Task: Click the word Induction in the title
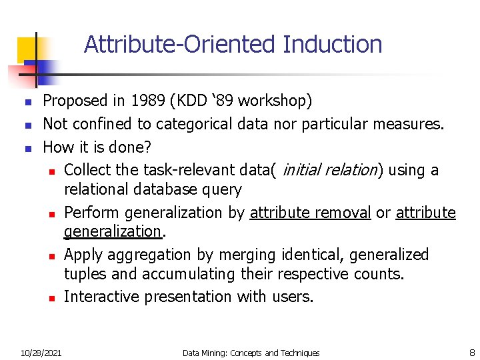coord(332,45)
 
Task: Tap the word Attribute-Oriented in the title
coord(180,45)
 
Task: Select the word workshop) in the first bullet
coord(275,101)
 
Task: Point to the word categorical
coord(177,124)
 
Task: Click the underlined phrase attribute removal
coord(310,213)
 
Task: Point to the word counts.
coord(380,274)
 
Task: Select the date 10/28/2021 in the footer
coord(41,353)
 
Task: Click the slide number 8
coord(471,353)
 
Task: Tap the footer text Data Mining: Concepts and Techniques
coord(251,353)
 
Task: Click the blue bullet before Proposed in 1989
coord(27,102)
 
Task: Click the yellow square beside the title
coord(26,47)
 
